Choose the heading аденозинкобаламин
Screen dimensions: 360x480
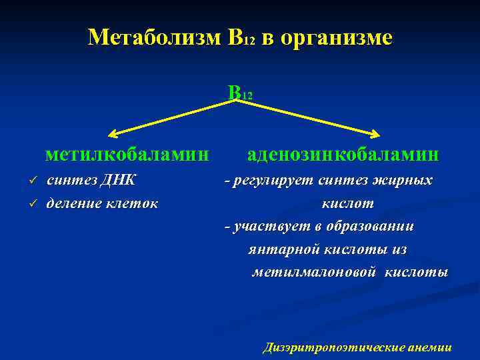tap(343, 155)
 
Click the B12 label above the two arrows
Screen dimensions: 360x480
tap(239, 93)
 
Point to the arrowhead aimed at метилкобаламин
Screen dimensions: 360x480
tap(115, 133)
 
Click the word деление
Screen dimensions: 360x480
tap(73, 203)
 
